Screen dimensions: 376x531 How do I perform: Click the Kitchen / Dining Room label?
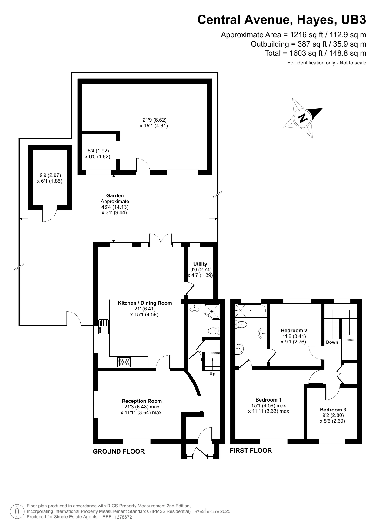[145, 303]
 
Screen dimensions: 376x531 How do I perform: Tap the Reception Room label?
[142, 401]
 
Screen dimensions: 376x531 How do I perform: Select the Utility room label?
[200, 264]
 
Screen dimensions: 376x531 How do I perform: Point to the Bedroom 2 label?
[294, 330]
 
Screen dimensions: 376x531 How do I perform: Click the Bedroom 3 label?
[333, 410]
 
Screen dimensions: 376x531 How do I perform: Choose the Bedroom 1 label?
[268, 400]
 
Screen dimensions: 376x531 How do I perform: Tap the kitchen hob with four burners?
[124, 362]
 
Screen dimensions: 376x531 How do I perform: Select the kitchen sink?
[103, 327]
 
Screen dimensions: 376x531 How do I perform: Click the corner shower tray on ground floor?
[212, 311]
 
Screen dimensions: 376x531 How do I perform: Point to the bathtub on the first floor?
[251, 310]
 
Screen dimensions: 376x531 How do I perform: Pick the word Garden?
[115, 196]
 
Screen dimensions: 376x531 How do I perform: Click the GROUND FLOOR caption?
[119, 451]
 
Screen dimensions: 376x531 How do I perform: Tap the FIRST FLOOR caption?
[251, 451]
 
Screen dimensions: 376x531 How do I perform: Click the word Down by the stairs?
[332, 342]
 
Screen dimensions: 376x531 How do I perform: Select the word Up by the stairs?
[212, 374]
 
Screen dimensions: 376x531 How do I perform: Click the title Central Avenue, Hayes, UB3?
[282, 20]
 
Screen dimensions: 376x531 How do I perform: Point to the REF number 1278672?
[123, 517]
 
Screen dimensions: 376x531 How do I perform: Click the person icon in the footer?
[17, 511]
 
